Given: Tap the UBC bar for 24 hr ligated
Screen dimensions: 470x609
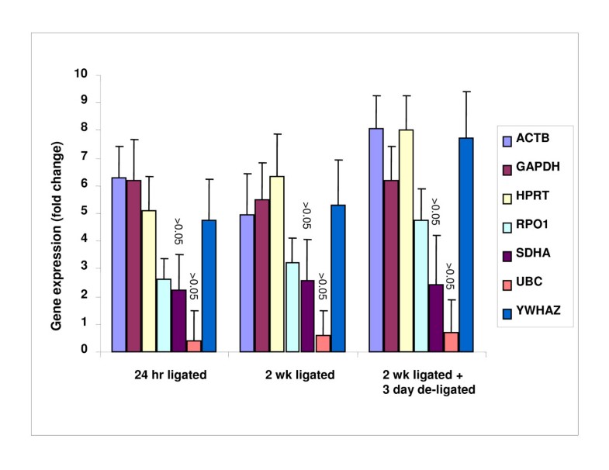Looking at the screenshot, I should [x=193, y=346].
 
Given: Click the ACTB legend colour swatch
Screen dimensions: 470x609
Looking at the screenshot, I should [x=508, y=141].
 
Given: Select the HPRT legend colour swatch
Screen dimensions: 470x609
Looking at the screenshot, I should [x=508, y=200].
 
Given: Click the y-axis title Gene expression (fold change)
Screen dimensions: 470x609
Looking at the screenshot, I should [x=58, y=213].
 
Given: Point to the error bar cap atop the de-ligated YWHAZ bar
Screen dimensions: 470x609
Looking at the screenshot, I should [x=465, y=92].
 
